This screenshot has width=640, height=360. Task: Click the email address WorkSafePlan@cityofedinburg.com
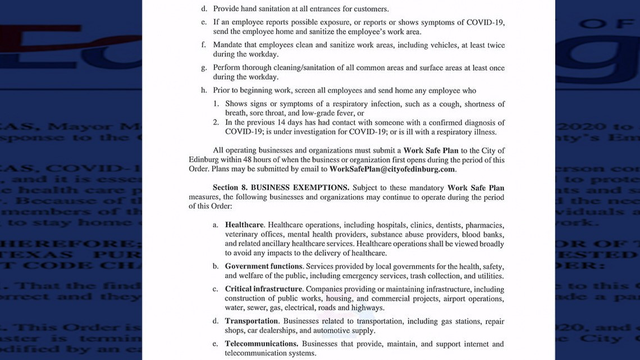point(392,169)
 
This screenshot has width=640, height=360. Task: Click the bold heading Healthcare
point(244,225)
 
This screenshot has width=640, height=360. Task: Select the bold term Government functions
point(263,266)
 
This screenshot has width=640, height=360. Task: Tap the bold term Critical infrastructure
point(263,289)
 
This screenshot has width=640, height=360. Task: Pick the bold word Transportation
point(252,321)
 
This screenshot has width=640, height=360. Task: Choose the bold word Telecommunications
point(261,344)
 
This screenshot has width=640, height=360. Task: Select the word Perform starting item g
point(227,68)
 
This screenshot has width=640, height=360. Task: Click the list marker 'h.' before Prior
point(204,90)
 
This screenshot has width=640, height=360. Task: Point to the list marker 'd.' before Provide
point(204,9)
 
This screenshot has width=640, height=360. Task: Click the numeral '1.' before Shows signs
point(216,104)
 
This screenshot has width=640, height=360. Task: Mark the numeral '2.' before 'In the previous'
point(216,122)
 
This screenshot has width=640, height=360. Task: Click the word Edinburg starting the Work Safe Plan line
point(203,160)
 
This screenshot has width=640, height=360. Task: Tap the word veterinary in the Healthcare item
point(243,235)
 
